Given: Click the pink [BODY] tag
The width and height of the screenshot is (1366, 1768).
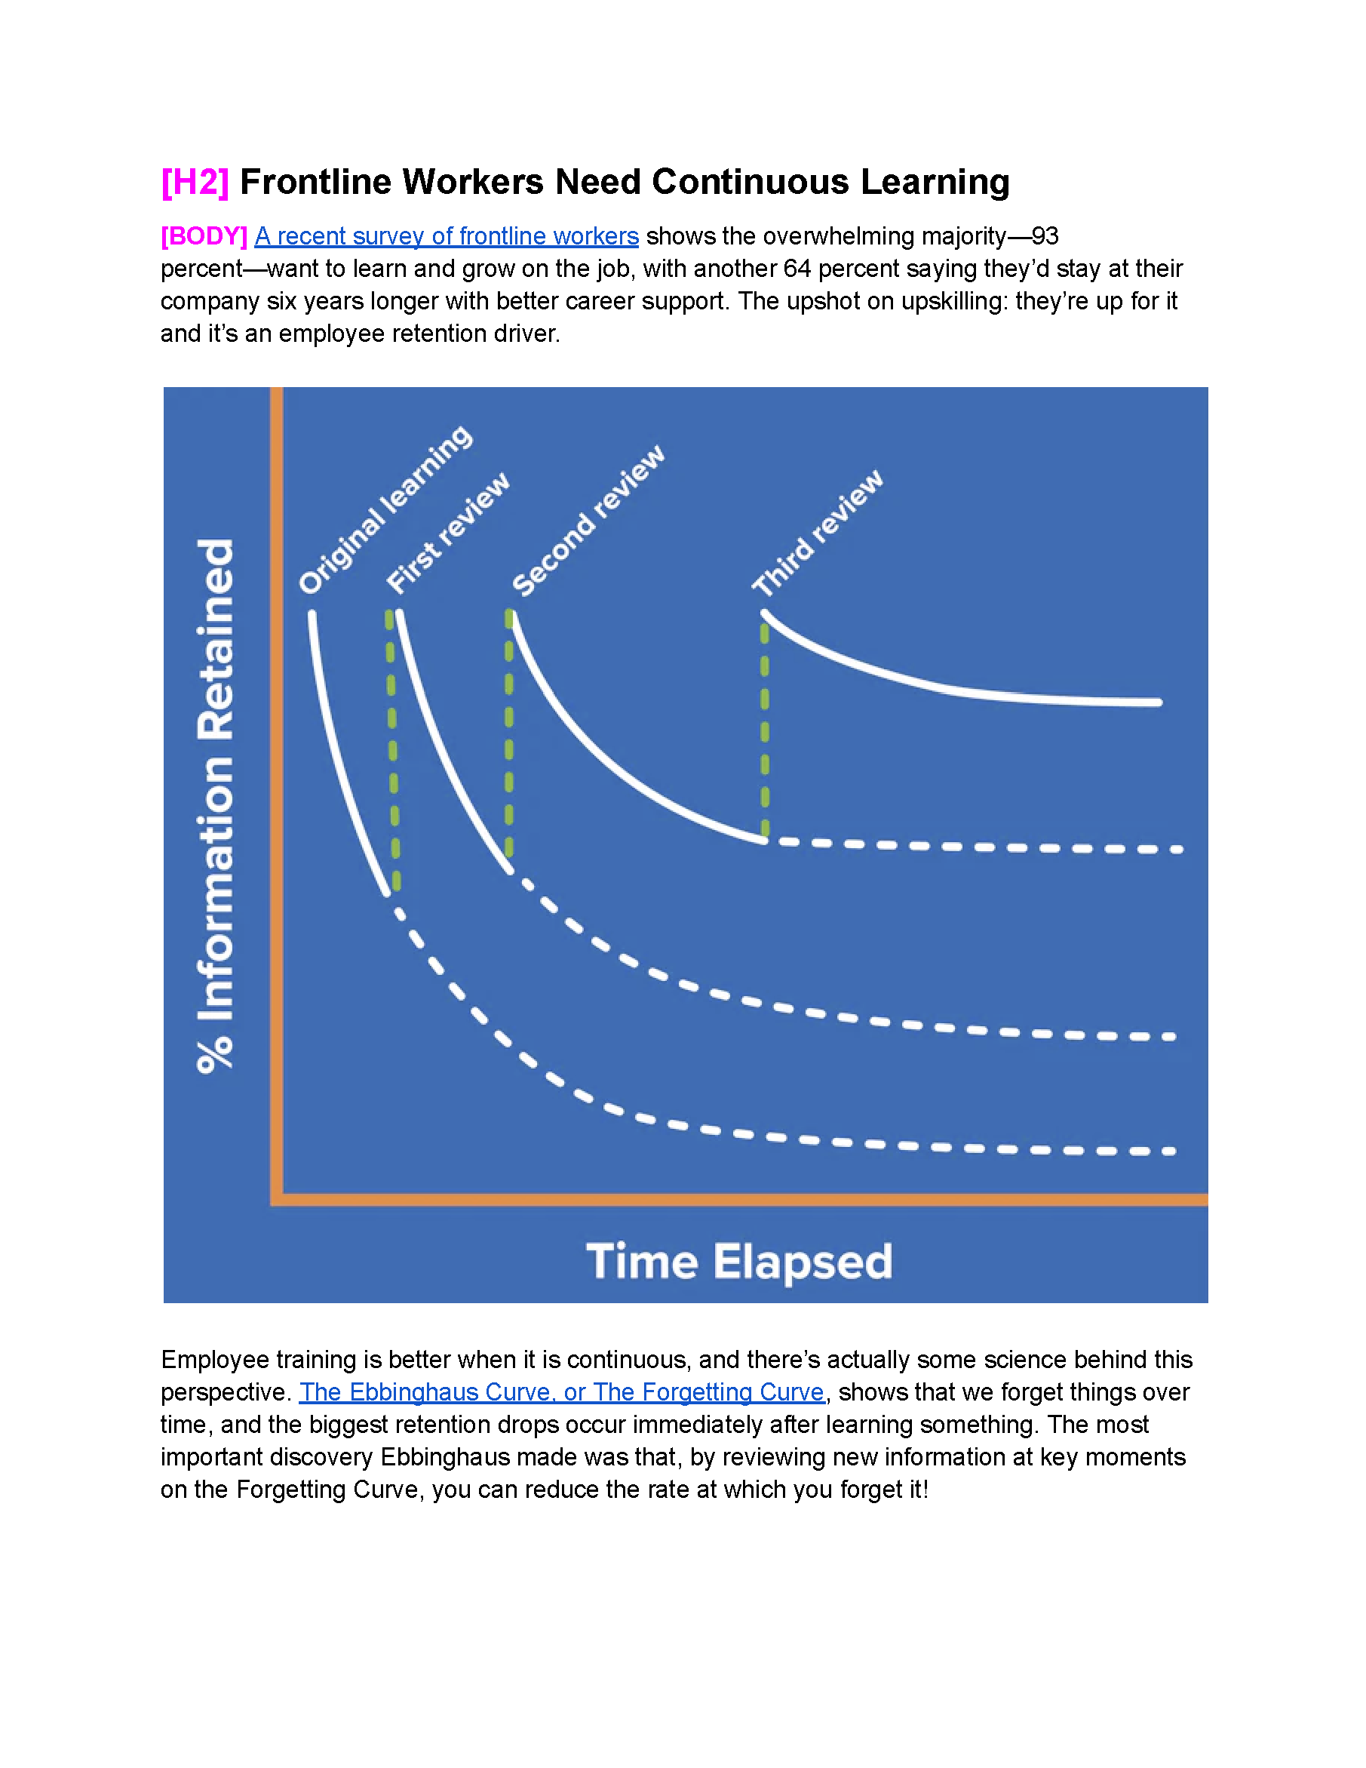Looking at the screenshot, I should point(204,236).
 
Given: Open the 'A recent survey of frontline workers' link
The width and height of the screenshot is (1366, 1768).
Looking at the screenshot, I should point(447,236).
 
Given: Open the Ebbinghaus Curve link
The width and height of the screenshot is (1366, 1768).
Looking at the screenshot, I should point(562,1391).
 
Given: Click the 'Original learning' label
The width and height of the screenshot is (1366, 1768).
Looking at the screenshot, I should point(385,509).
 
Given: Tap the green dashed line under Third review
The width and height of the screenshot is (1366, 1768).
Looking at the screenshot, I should point(765,729).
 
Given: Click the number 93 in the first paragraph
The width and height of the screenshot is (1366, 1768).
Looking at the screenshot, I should point(1045,236).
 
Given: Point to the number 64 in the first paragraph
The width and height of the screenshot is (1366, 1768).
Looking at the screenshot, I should point(797,269).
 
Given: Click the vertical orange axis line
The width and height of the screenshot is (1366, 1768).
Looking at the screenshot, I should point(277,793).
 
